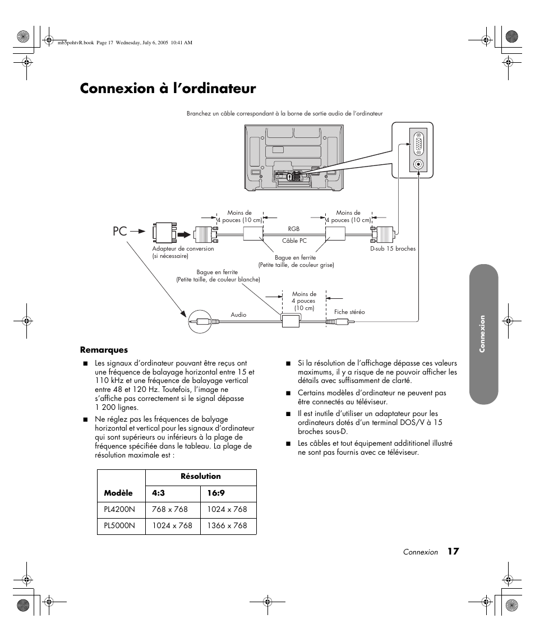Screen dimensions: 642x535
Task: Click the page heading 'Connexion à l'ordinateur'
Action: pos(168,89)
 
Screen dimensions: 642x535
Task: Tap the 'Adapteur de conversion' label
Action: pos(183,249)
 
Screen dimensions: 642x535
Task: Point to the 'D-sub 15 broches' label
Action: pos(393,249)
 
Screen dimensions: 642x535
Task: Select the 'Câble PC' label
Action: pos(294,241)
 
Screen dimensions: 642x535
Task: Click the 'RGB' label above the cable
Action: pos(294,229)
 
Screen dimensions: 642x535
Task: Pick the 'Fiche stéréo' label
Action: pos(349,312)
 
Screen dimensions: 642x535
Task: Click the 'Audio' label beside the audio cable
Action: pos(238,315)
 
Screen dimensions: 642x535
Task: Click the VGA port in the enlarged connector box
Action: pos(418,145)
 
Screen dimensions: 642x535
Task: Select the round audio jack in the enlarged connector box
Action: pos(418,165)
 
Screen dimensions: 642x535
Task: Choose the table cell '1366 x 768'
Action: pos(227,526)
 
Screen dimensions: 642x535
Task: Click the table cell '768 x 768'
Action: pos(170,510)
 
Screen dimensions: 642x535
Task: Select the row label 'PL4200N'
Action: pos(119,510)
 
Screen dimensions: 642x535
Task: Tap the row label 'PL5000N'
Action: pos(119,526)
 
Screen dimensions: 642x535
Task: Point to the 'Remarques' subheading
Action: pos(104,350)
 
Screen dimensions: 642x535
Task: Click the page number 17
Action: pos(453,552)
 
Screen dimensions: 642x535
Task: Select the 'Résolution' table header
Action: pos(200,477)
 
